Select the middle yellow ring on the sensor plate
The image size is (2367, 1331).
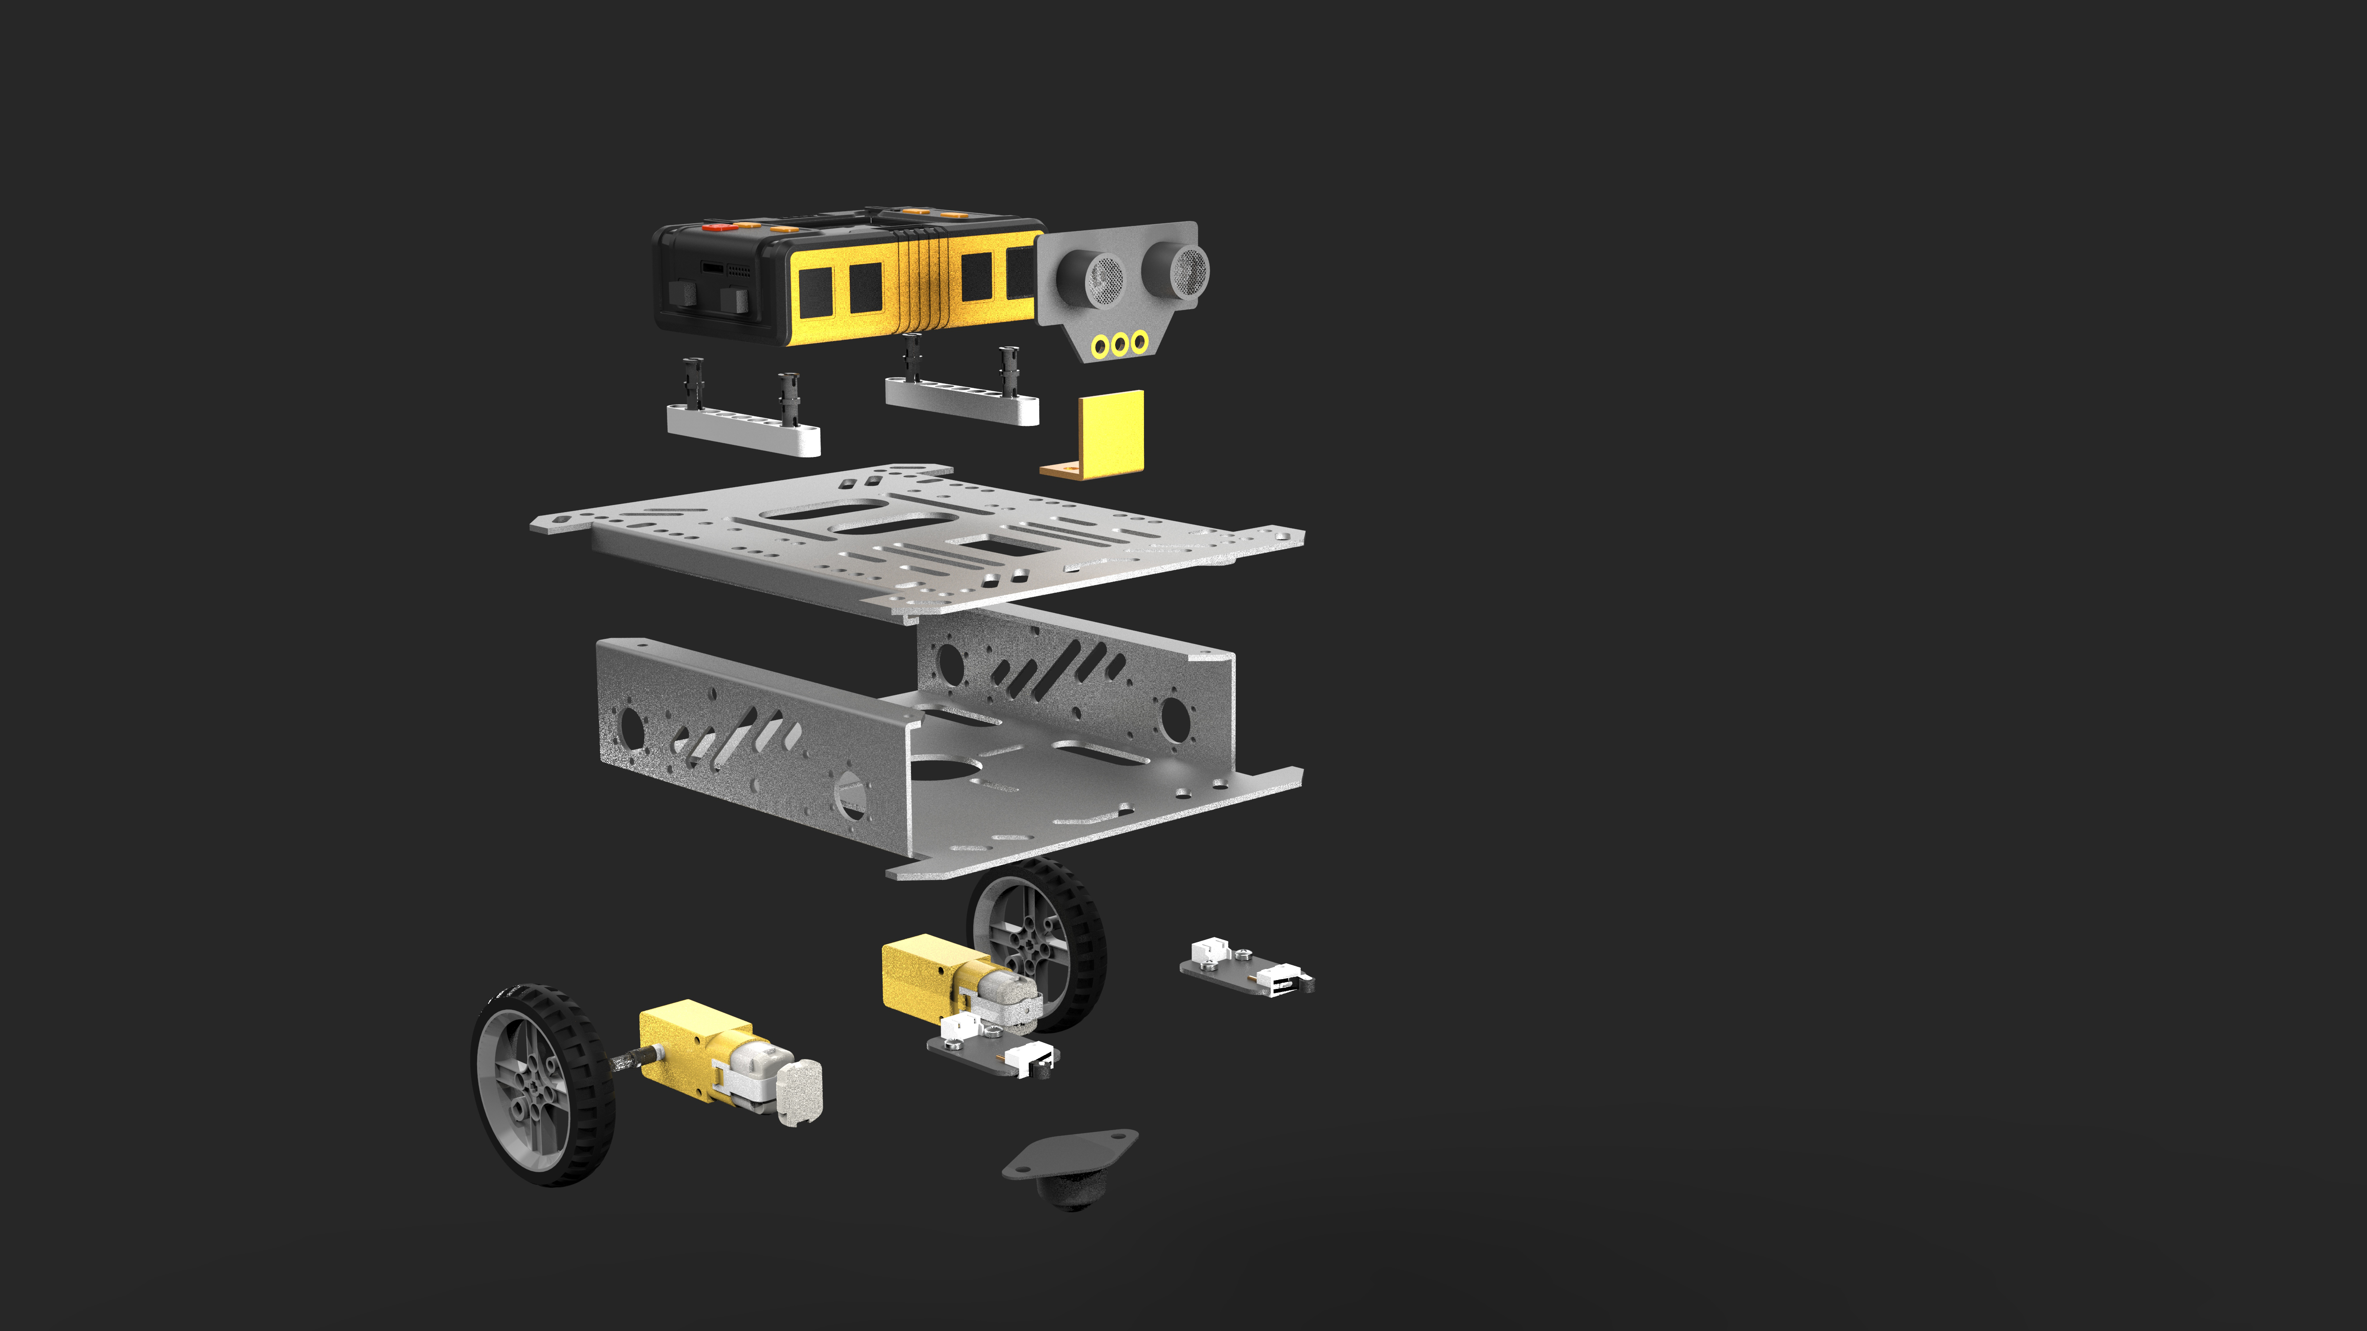coord(1119,344)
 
